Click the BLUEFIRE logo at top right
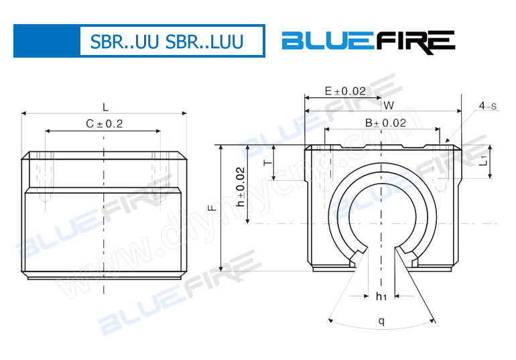click(x=368, y=42)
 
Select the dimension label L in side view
click(x=105, y=107)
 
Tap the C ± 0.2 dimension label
click(x=105, y=123)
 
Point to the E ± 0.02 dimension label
click(x=344, y=91)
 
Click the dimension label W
click(x=388, y=105)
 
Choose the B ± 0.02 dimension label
click(x=385, y=123)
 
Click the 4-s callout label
click(x=488, y=106)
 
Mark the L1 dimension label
click(x=483, y=161)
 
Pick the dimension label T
click(x=267, y=163)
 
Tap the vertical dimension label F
click(x=212, y=208)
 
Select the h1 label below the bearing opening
click(x=381, y=296)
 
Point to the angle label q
click(x=381, y=320)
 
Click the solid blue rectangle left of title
click(x=46, y=42)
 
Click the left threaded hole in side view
click(x=47, y=178)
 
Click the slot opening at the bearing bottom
click(x=381, y=258)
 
